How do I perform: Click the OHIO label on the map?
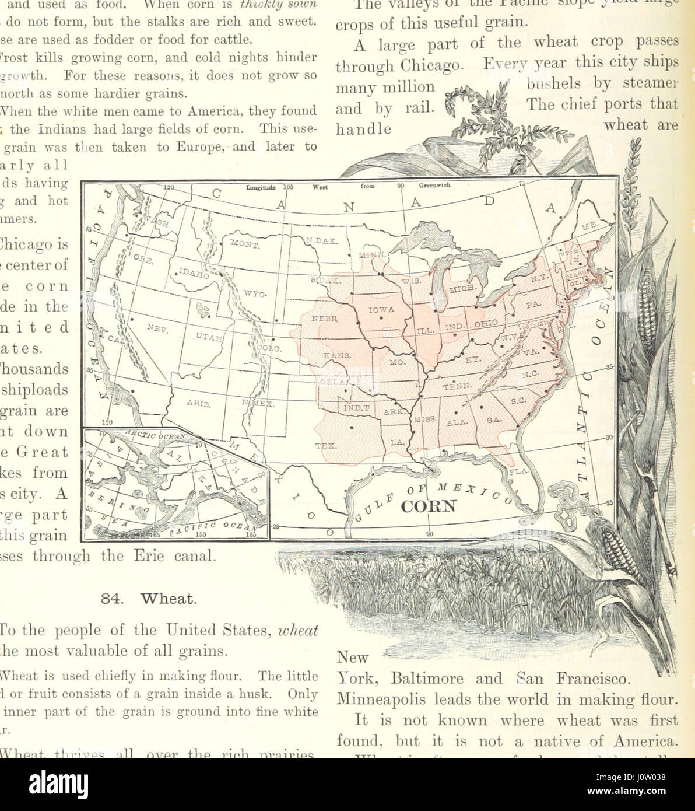[486, 323]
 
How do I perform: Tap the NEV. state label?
[157, 328]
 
